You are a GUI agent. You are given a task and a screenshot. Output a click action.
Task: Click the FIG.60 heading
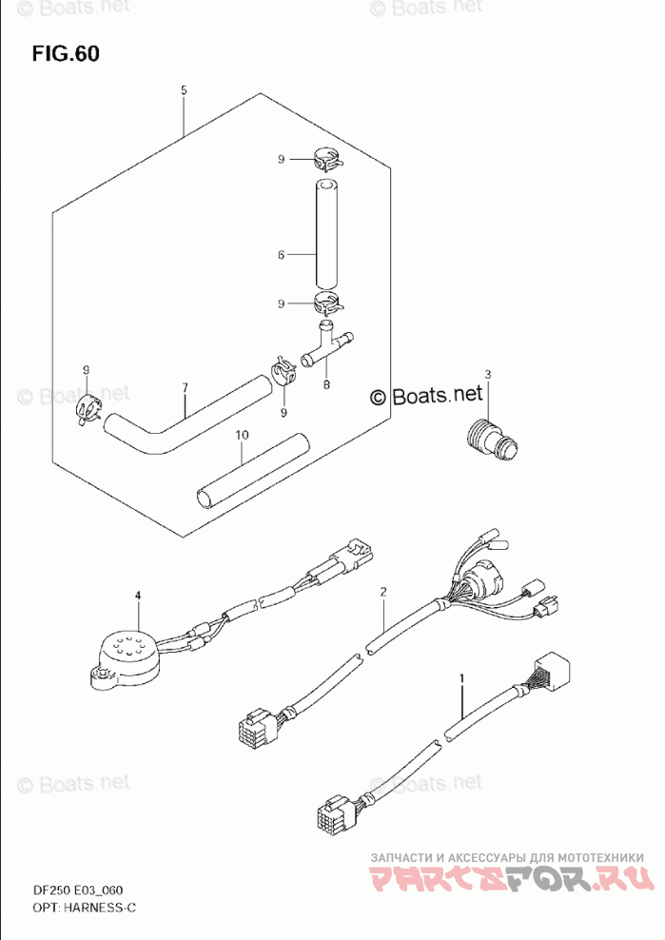pos(65,53)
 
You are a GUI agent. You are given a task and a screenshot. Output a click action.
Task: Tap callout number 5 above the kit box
pos(184,90)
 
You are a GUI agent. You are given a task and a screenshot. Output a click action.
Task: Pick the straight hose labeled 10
pos(253,472)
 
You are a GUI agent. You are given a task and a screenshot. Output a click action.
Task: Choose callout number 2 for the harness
pos(383,593)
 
